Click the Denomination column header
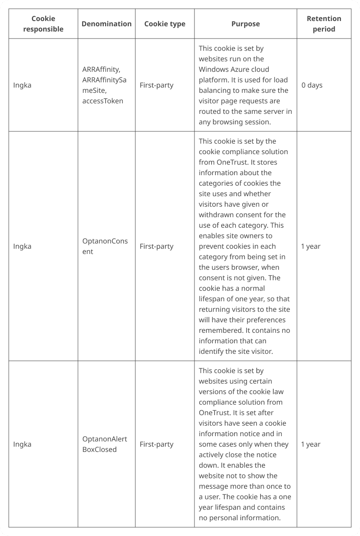106,24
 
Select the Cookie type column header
165,24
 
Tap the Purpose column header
245,24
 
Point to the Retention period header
324,24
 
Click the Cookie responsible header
43,24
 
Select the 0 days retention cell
311,85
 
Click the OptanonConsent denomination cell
105,246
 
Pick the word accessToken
102,101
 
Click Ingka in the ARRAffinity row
22,85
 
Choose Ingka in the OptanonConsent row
22,246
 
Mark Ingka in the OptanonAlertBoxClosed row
22,444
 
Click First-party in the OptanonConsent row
156,246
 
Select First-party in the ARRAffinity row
156,85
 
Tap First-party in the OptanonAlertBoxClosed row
156,444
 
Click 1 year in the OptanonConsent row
311,246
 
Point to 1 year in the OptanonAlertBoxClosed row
311,444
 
